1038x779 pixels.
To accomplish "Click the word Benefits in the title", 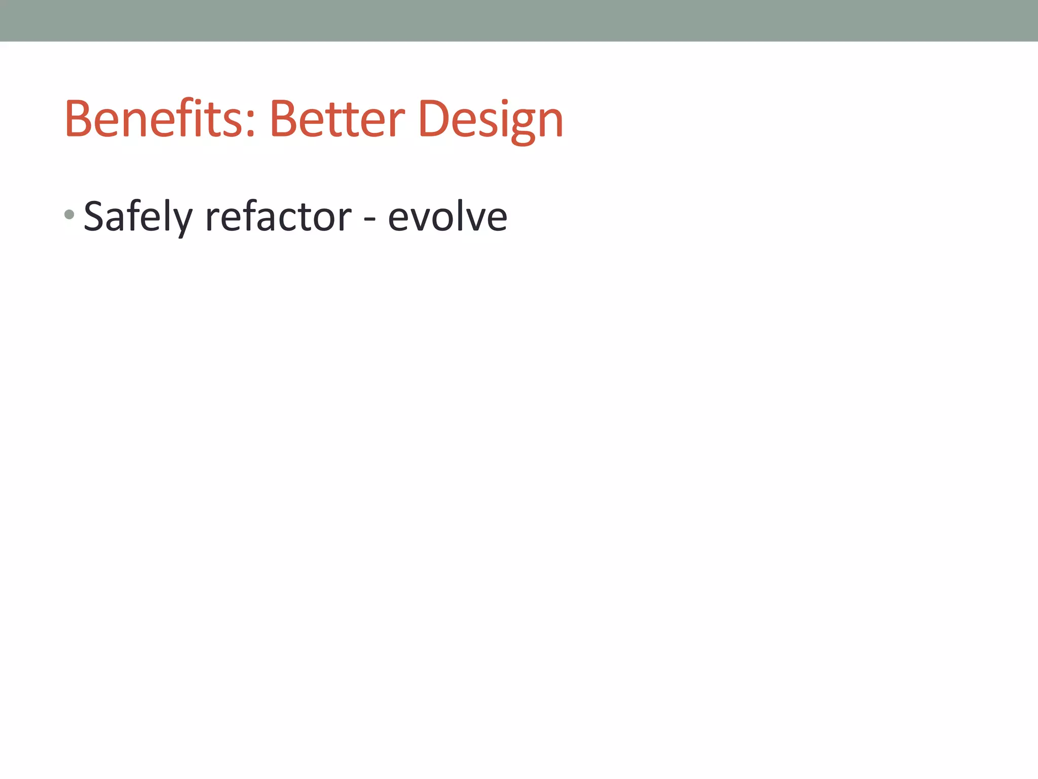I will click(x=155, y=119).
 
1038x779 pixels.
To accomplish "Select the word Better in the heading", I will click(x=337, y=119).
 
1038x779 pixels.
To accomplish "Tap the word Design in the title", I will click(x=491, y=120).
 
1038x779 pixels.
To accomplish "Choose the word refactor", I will click(x=278, y=217).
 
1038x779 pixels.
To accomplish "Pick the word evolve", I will click(x=448, y=217).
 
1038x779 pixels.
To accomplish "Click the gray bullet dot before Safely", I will click(x=70, y=215).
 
